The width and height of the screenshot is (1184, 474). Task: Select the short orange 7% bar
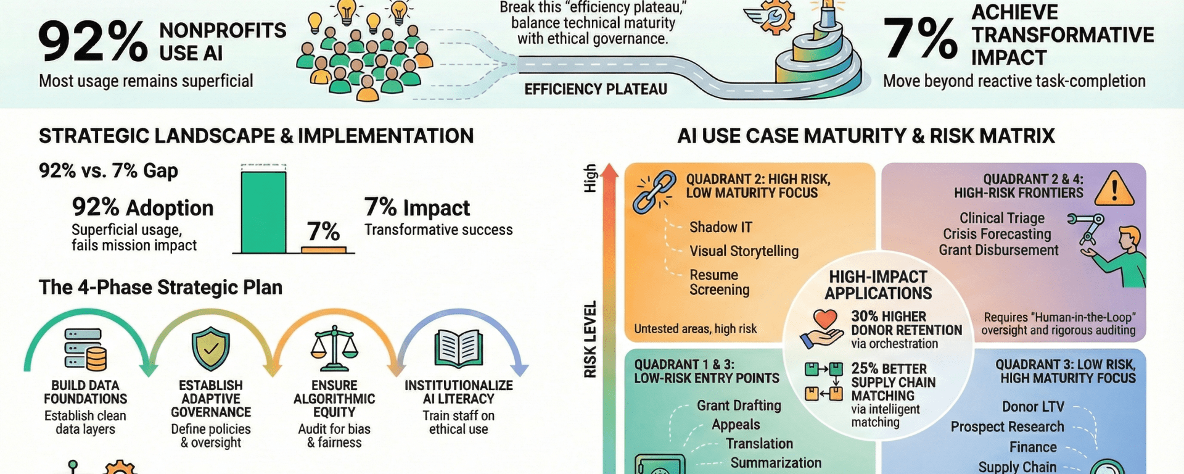(324, 250)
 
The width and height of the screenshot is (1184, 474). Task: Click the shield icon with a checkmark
(210, 349)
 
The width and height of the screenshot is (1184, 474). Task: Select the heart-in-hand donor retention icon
(823, 330)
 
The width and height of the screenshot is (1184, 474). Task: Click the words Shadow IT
(720, 227)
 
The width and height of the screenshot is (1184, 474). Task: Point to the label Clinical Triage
(1001, 218)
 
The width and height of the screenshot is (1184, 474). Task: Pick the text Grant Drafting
(739, 405)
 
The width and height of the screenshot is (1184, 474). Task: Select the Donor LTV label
(1033, 407)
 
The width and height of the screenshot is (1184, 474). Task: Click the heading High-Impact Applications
(878, 285)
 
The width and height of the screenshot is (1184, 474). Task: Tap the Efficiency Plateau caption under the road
(596, 89)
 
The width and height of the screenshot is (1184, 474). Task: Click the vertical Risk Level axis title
(590, 339)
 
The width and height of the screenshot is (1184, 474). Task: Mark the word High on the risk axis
(590, 178)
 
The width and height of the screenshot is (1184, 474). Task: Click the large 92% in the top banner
(92, 42)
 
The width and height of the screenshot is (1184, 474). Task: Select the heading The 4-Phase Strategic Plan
(160, 288)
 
